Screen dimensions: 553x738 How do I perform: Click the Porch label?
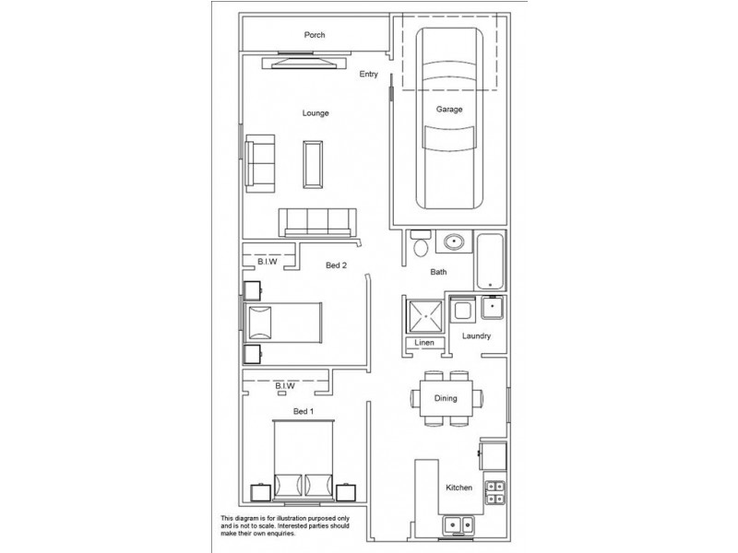tap(315, 36)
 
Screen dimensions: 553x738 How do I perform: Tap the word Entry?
tap(369, 75)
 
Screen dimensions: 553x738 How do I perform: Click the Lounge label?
tap(315, 113)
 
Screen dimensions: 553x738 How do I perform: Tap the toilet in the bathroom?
tap(420, 244)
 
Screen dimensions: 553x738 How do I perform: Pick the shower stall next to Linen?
tap(424, 317)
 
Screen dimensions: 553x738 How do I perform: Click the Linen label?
tap(424, 343)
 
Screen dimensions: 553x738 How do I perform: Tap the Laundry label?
tap(476, 336)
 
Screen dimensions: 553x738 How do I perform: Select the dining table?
tap(446, 398)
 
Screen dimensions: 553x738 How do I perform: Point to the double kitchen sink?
tap(458, 525)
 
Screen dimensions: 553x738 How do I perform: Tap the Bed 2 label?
tap(337, 265)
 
